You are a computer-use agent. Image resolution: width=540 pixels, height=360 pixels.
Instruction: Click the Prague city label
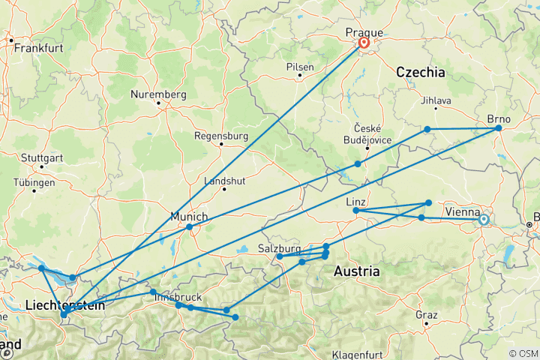point(364,32)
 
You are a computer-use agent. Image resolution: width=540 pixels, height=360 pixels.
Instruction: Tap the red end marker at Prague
point(364,43)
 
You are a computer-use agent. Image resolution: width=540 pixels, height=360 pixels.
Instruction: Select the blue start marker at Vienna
point(484,220)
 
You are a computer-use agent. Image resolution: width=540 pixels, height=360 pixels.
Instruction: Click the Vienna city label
point(463,211)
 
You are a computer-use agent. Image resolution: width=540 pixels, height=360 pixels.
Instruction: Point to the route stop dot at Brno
point(498,128)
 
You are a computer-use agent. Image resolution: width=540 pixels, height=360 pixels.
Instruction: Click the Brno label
point(499,118)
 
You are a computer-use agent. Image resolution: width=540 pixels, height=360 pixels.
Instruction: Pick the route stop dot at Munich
point(190,226)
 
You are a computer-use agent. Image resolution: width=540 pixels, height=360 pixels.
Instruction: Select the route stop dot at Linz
point(355,211)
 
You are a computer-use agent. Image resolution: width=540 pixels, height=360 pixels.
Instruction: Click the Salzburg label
point(279,247)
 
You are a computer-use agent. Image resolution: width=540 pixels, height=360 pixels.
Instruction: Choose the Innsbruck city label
point(177,298)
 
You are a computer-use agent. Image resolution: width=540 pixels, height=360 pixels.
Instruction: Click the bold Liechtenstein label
point(64,304)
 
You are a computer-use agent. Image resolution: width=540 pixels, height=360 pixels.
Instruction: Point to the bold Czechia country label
point(420,73)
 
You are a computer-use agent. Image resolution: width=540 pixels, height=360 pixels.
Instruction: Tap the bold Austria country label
point(356,271)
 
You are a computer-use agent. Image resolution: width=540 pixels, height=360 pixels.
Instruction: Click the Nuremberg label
point(157,94)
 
